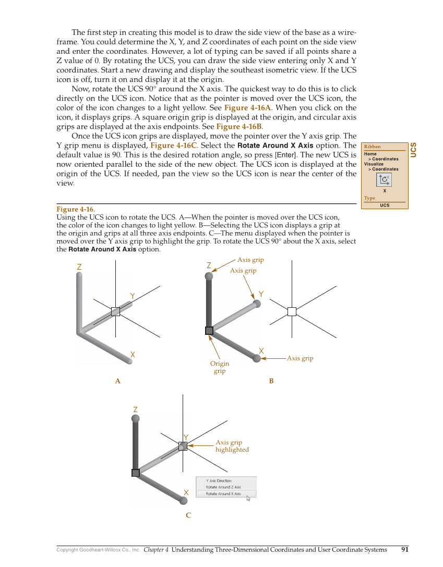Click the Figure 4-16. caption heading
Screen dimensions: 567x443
pos(76,210)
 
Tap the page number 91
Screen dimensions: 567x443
pos(405,549)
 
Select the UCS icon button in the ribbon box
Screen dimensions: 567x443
pos(384,180)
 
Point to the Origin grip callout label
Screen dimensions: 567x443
pos(220,367)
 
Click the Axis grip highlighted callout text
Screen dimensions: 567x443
pos(232,446)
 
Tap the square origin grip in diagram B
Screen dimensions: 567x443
pos(209,330)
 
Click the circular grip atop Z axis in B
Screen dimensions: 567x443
pos(209,276)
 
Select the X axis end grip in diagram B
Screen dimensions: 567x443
pos(257,358)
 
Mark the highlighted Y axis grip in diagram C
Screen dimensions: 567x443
pos(183,446)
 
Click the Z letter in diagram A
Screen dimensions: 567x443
pos(79,267)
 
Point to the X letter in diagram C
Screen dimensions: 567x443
pos(186,492)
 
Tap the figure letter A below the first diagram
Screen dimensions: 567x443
pos(118,381)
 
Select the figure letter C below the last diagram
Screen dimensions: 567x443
pos(188,515)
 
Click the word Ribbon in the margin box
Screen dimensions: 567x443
pos(373,147)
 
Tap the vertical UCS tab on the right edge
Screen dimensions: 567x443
pos(414,150)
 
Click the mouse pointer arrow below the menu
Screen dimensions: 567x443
pos(248,499)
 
